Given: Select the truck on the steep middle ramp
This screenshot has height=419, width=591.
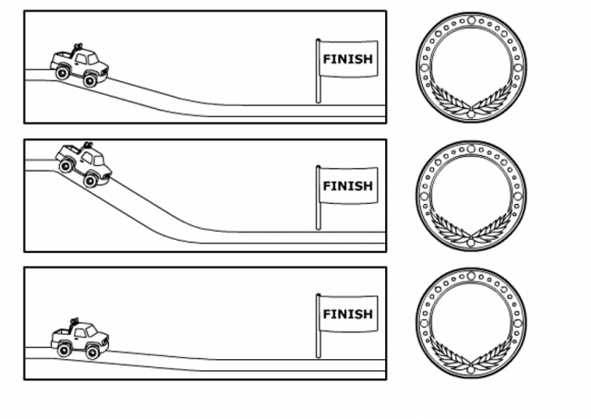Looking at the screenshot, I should tap(83, 163).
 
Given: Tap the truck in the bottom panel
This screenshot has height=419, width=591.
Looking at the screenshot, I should tap(79, 338).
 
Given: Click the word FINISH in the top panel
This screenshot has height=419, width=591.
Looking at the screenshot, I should tap(347, 59).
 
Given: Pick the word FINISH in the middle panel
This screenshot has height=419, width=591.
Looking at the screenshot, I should tap(347, 186).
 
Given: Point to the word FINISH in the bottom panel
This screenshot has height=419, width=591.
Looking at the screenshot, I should tap(347, 314).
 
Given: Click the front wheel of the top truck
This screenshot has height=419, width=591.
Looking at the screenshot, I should tap(90, 81).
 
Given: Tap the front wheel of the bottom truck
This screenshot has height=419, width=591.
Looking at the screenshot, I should tap(93, 352).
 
